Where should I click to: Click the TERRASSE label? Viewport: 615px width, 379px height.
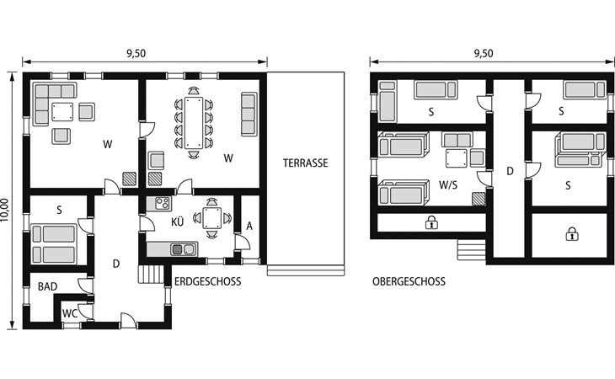point(305,163)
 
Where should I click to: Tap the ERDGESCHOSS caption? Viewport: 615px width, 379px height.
point(207,281)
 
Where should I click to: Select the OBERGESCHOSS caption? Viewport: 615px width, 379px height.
point(409,281)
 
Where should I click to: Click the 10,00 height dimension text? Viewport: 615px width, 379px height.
point(5,210)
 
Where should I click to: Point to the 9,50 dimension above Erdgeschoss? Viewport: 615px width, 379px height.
point(136,54)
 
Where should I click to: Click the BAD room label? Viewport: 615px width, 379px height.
point(47,286)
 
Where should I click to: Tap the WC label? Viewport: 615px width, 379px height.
point(70,313)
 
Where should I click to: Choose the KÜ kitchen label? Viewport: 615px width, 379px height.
point(177,222)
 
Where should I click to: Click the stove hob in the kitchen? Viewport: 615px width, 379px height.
point(163,204)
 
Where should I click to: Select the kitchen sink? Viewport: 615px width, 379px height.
point(183,249)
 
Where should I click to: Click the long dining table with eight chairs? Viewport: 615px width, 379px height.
point(194,123)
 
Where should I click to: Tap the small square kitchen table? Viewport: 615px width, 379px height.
point(211,218)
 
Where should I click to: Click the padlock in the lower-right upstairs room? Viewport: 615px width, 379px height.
point(572,234)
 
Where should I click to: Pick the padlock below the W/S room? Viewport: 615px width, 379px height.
point(431,222)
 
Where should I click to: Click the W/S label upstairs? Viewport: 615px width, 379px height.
point(448,184)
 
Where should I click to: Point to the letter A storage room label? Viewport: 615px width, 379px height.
point(249,227)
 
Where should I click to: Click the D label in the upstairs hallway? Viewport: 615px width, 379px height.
point(510,171)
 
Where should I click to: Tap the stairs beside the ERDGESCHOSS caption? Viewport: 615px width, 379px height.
point(151,274)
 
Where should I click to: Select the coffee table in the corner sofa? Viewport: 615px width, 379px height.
point(62,112)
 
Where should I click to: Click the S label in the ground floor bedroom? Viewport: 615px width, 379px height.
point(59,210)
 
